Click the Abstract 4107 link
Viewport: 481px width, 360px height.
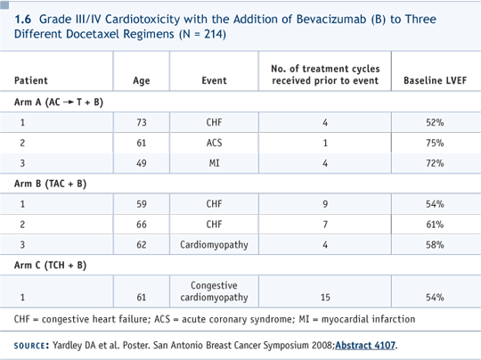[365, 345]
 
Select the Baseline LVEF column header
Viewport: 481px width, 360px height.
[435, 80]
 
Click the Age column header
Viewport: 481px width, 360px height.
[142, 81]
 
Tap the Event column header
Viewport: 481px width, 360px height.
[214, 80]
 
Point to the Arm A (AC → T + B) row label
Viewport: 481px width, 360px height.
[59, 102]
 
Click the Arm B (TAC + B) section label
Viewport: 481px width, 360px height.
[50, 184]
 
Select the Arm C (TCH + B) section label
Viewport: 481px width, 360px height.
[50, 265]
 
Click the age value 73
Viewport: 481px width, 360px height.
[142, 122]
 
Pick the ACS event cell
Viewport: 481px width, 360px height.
[214, 143]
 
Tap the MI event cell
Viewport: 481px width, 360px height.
[214, 163]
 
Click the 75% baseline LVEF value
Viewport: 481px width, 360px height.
[435, 143]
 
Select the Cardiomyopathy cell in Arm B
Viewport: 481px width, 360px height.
[214, 244]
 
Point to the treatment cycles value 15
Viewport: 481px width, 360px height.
[325, 297]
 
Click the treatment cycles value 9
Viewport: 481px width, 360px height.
[325, 204]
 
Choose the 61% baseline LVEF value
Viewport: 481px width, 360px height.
[435, 225]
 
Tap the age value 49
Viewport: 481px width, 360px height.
[142, 163]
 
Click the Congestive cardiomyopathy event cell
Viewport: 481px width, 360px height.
[214, 291]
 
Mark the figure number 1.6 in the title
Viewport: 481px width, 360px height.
[22, 20]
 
